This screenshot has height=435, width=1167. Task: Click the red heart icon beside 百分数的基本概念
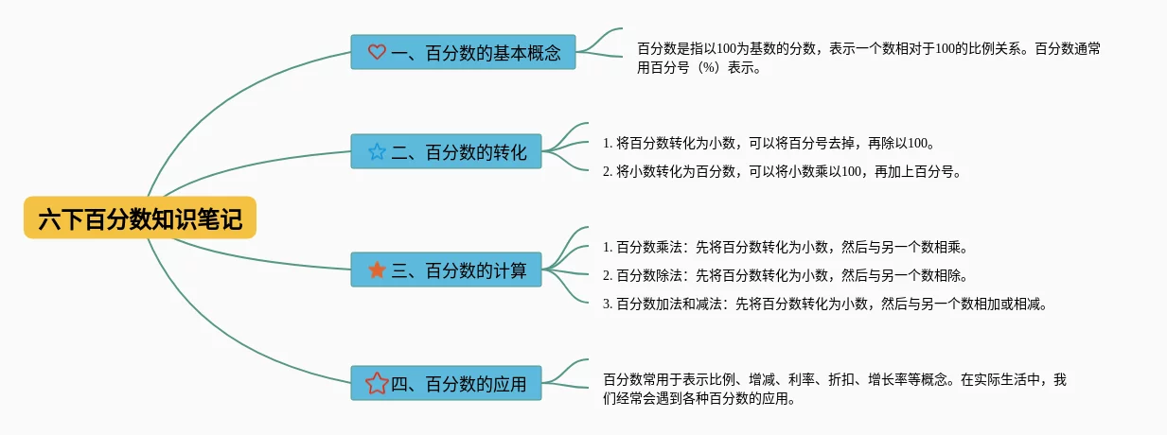[x=376, y=53]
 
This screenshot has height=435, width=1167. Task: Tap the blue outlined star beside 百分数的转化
[x=376, y=151]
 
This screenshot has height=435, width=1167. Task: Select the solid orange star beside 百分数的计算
[x=376, y=271]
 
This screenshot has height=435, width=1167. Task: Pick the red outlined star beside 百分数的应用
[x=376, y=383]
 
